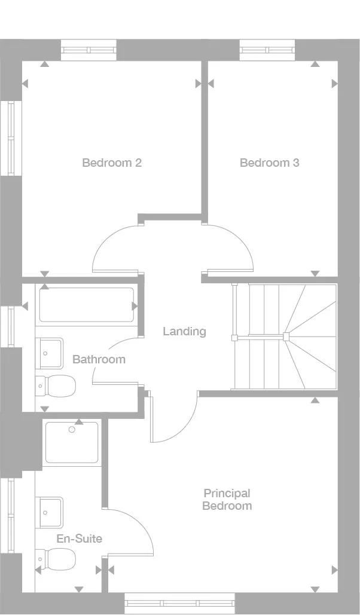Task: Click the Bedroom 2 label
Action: [x=112, y=163]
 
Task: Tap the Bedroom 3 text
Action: [x=269, y=163]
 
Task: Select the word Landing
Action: [x=184, y=331]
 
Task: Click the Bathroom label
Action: [x=99, y=359]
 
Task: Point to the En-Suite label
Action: [x=79, y=538]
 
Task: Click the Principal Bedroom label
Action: [x=227, y=500]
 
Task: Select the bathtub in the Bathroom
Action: [x=87, y=305]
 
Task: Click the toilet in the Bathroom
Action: [x=56, y=385]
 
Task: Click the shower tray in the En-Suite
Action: [x=71, y=443]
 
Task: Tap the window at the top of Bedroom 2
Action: [x=89, y=50]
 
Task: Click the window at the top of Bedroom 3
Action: [x=267, y=50]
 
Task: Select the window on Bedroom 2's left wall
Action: [x=10, y=138]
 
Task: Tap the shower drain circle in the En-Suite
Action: [x=72, y=429]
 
